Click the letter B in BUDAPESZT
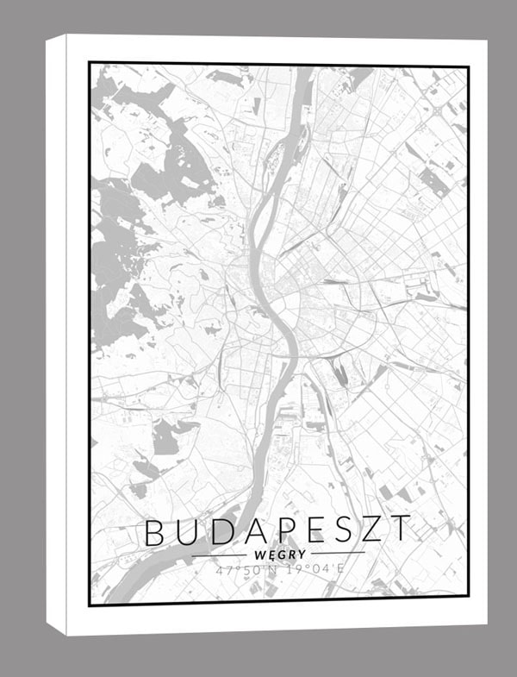(156, 531)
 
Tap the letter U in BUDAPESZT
(188, 531)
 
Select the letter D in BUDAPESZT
(221, 531)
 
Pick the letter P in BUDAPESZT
(285, 531)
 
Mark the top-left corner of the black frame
(90, 63)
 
